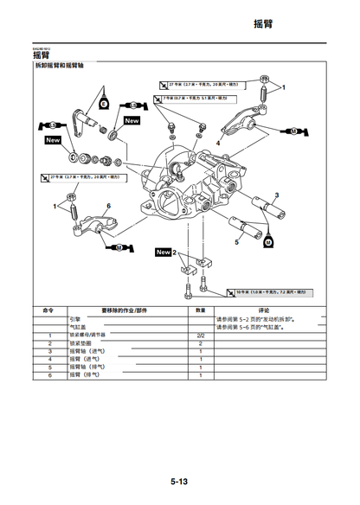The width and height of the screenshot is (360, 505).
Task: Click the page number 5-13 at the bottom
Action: click(x=179, y=481)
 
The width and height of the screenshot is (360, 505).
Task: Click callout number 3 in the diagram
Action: click(x=276, y=195)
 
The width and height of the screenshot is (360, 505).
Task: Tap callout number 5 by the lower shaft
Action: click(x=237, y=243)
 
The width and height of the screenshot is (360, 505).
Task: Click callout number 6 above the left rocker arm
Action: click(x=109, y=206)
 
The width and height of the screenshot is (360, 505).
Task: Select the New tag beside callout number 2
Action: click(x=163, y=252)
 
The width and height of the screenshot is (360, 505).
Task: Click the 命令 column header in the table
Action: click(x=49, y=309)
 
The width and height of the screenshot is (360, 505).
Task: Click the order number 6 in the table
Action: click(x=49, y=375)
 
